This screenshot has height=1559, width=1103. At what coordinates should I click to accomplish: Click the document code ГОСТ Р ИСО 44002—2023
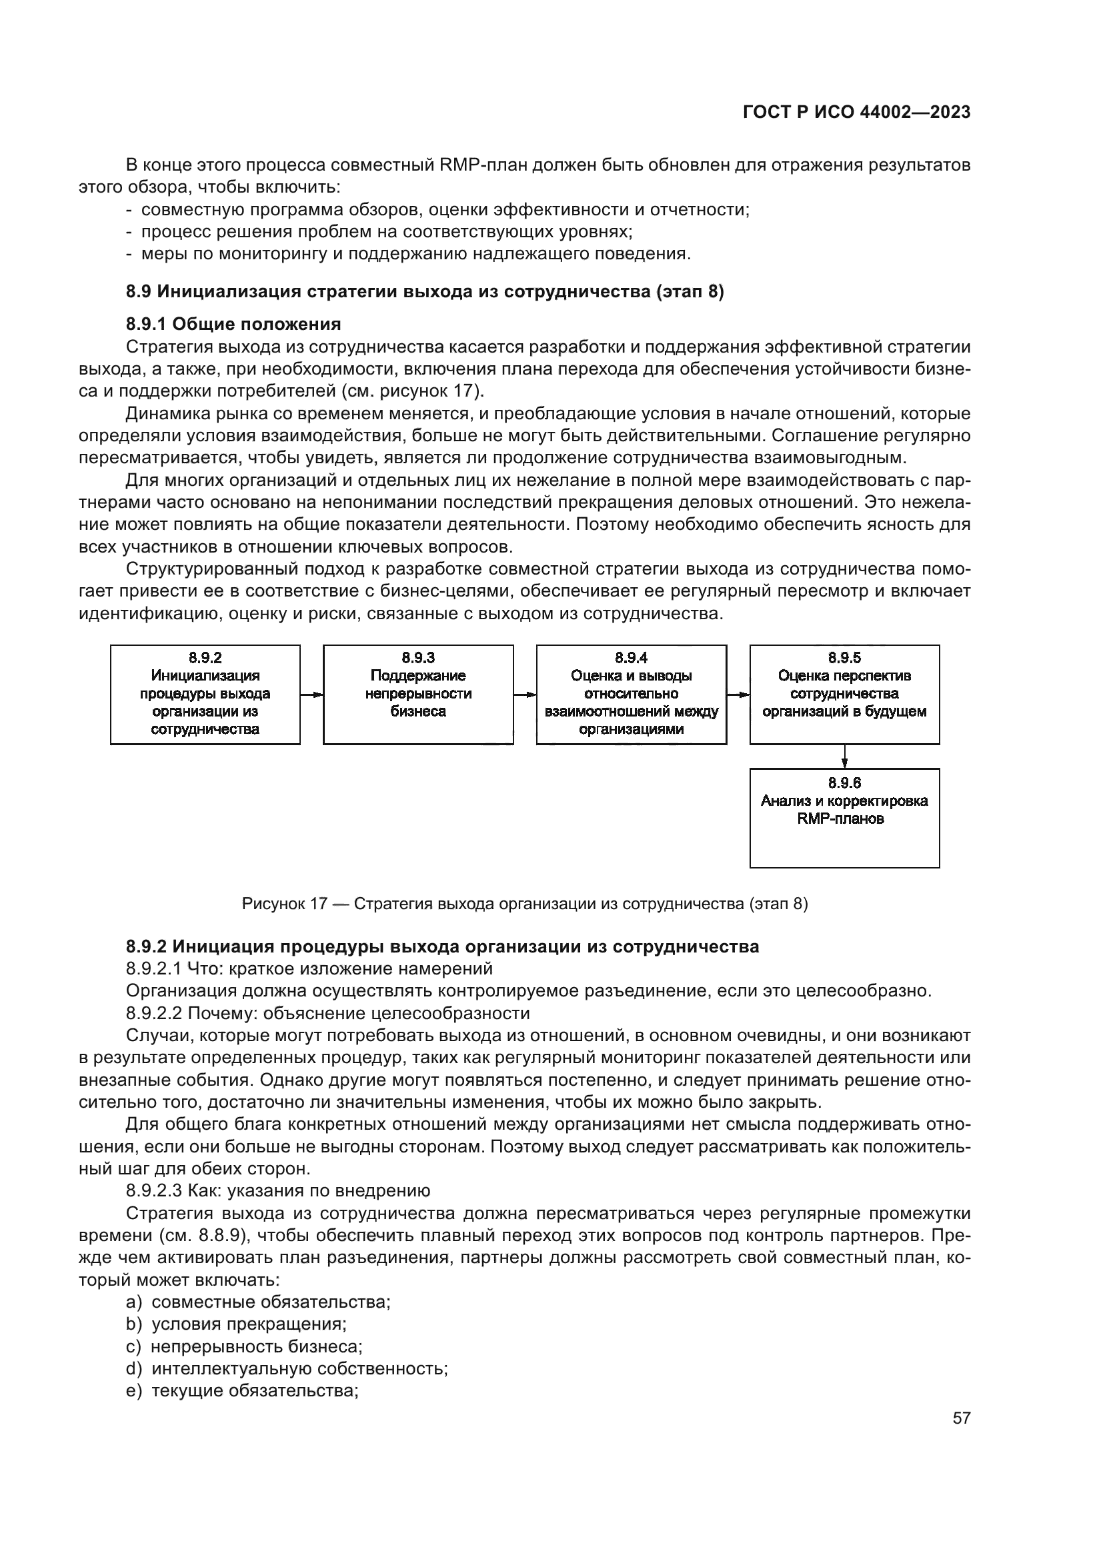click(856, 113)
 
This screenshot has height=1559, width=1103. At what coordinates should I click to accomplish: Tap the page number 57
click(961, 1418)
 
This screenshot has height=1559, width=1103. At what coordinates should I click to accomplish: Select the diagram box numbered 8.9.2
click(205, 694)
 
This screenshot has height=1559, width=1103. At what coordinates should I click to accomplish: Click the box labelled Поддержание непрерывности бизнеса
click(417, 694)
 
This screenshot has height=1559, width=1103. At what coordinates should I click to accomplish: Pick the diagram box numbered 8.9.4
click(631, 694)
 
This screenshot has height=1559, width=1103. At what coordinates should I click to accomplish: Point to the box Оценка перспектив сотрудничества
click(844, 694)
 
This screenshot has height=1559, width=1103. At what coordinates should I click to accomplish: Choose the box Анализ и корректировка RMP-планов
click(844, 818)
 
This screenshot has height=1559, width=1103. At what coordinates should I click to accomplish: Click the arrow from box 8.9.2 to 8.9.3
click(311, 695)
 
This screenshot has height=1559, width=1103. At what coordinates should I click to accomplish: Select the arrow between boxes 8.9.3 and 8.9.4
click(525, 695)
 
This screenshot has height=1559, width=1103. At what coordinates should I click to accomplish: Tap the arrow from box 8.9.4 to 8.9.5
click(738, 695)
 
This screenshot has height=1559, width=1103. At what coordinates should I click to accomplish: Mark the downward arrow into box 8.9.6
click(844, 757)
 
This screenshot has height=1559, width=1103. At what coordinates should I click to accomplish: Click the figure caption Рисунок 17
click(524, 904)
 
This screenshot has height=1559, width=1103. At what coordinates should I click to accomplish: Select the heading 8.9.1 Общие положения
click(233, 324)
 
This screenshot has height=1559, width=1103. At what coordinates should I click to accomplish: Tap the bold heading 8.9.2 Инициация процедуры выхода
click(442, 946)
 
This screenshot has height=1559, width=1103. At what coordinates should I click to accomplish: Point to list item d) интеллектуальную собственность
click(287, 1368)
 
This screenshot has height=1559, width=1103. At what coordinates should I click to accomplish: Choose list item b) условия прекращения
click(236, 1324)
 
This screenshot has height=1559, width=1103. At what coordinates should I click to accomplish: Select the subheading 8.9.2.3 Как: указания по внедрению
click(278, 1190)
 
